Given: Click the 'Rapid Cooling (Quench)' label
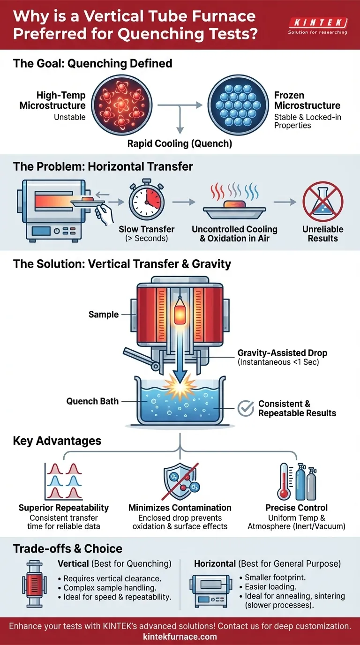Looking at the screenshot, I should (180, 143).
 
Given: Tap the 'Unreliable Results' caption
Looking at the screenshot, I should (322, 233).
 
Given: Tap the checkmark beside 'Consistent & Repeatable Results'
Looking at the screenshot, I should (245, 408).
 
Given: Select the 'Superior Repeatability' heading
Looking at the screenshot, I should (64, 508).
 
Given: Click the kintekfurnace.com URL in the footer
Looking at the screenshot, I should (180, 636).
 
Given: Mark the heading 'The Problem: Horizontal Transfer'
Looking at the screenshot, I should (103, 166).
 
